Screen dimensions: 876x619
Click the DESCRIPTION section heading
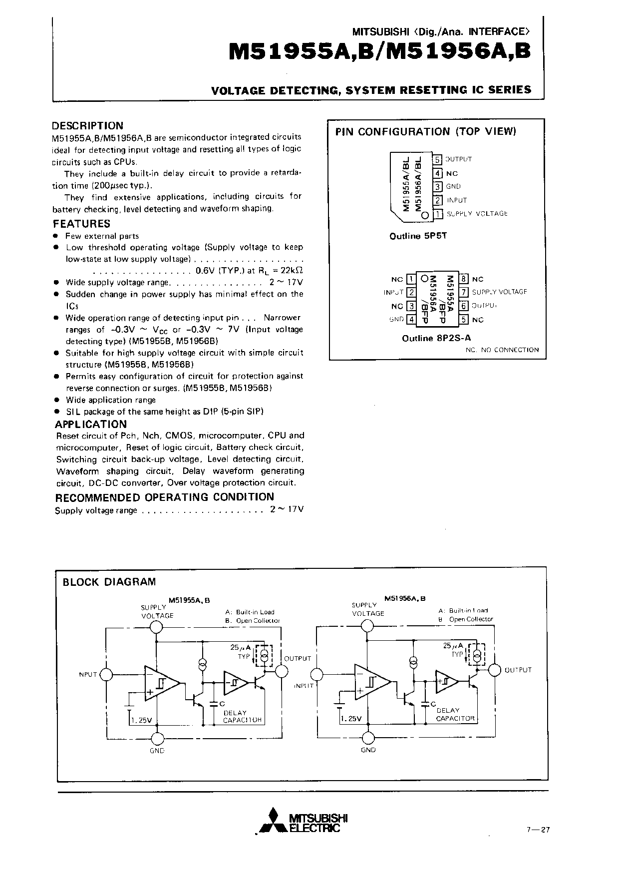click(88, 126)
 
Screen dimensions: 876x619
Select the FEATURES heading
click(82, 224)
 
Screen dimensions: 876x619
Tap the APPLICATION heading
click(91, 424)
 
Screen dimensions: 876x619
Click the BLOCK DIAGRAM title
click(109, 582)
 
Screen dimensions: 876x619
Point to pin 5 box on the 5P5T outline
click(438, 160)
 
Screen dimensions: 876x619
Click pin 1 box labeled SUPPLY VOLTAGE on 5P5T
click(438, 214)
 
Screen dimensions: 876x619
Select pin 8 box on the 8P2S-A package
click(464, 279)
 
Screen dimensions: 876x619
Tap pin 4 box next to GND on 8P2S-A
click(411, 319)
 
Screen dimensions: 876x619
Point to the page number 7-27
click(538, 830)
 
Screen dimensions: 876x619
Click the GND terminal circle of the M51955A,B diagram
click(157, 738)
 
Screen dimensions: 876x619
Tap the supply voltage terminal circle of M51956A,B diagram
click(368, 626)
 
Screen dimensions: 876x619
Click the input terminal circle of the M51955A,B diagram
click(107, 675)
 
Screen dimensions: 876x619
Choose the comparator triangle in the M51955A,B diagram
click(160, 682)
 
